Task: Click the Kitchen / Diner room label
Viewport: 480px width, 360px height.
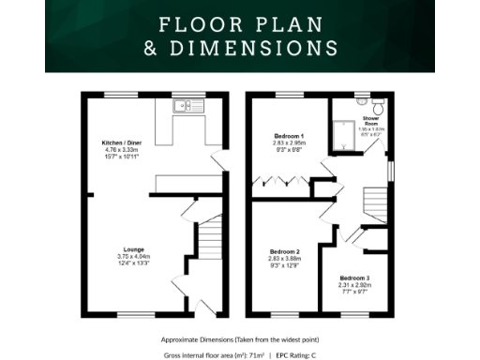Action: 121,142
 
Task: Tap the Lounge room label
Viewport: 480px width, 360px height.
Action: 120,249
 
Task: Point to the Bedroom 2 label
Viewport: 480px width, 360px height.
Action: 285,252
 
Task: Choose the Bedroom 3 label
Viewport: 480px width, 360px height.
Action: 355,278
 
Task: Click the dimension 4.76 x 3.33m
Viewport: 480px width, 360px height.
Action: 121,149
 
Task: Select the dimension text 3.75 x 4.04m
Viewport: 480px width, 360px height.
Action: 120,257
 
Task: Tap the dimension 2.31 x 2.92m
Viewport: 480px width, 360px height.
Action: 355,286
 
